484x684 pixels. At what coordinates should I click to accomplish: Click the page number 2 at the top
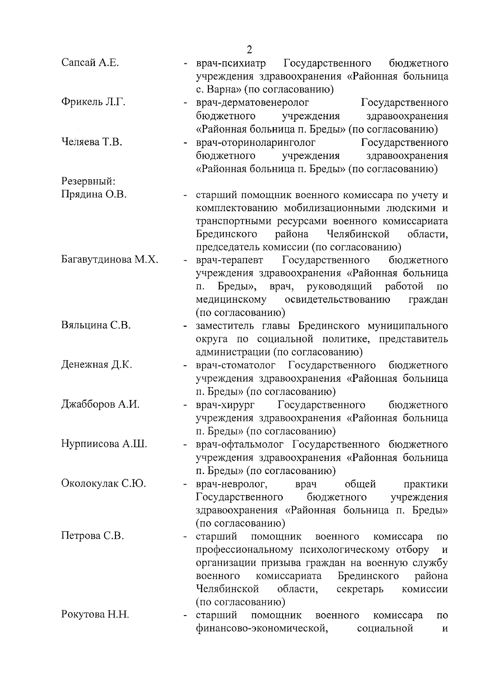tap(249, 50)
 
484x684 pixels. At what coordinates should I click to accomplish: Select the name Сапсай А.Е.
tap(90, 63)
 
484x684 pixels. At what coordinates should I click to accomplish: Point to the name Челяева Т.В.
tap(92, 142)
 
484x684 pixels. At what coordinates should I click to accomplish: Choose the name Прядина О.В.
tap(94, 195)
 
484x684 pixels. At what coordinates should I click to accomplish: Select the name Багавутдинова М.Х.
tap(110, 260)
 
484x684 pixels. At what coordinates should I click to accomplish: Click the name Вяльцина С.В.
tap(96, 325)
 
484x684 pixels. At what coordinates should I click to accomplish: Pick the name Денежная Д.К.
tap(97, 365)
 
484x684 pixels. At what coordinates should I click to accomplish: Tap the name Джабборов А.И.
tap(100, 404)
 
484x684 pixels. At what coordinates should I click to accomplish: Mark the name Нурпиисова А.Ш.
tap(104, 444)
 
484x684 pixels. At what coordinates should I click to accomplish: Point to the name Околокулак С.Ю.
tap(104, 483)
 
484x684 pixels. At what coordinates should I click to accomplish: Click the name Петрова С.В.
tap(92, 536)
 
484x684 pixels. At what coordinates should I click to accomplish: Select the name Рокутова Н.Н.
tap(95, 615)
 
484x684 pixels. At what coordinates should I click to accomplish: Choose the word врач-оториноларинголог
tap(256, 142)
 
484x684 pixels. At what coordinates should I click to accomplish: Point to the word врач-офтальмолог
tap(241, 444)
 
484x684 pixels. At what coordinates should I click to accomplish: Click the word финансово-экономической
tap(261, 628)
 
